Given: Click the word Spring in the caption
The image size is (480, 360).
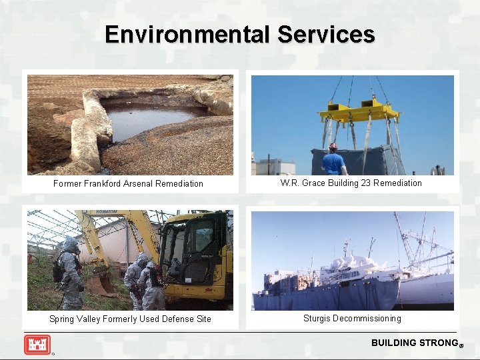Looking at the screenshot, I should [63, 319].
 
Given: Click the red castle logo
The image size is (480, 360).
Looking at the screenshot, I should [37, 345].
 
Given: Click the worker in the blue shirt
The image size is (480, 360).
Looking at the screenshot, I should [333, 161].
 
